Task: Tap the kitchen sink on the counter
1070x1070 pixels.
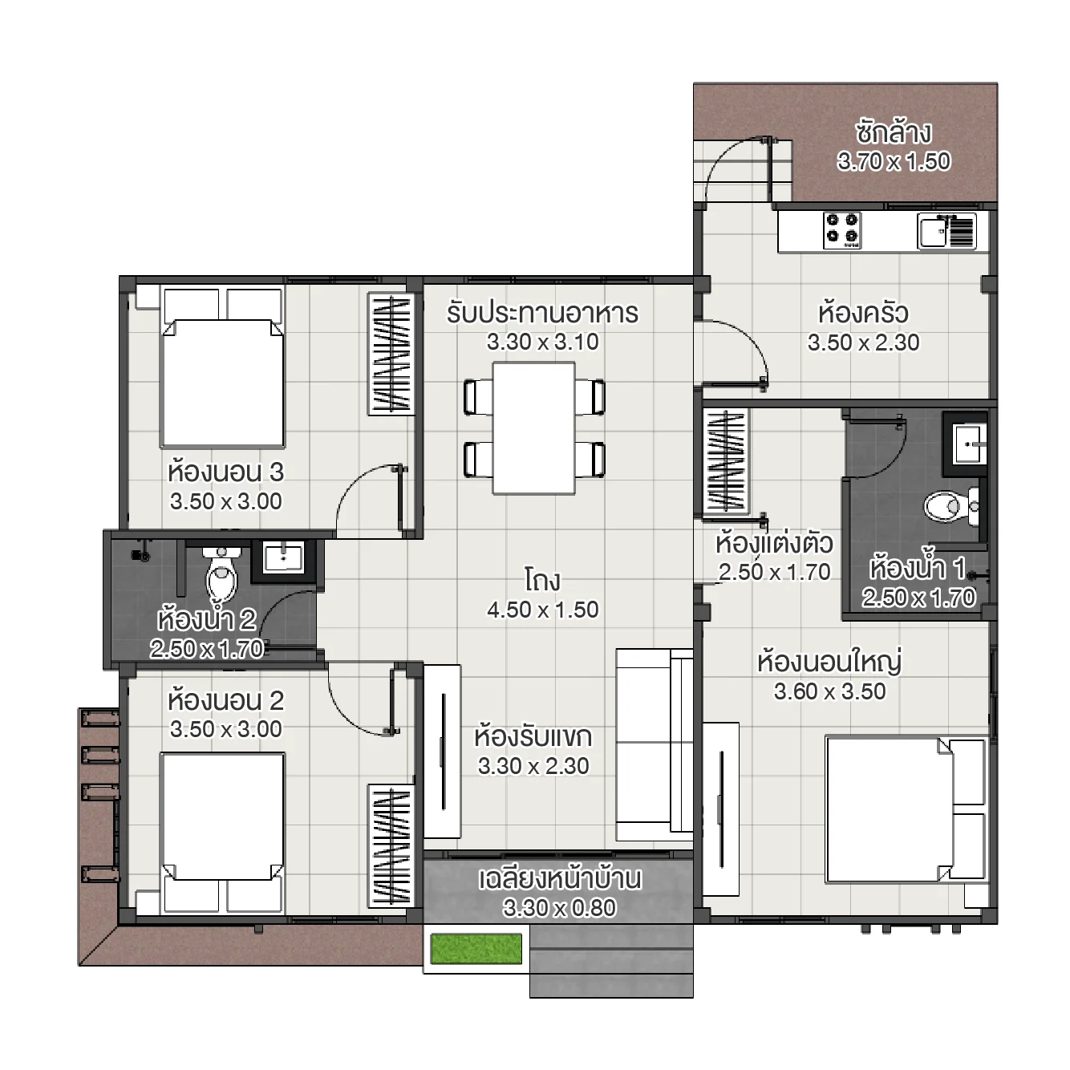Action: coord(934,232)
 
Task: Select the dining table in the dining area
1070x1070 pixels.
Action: coord(533,428)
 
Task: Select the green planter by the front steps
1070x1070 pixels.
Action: coord(476,948)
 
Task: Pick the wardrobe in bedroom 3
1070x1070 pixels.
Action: coord(391,354)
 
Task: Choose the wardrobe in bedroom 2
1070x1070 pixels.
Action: coord(391,845)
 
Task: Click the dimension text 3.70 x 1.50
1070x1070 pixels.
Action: coord(894,162)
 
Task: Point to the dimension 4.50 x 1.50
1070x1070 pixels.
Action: coord(543,610)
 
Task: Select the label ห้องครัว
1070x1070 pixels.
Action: coord(863,312)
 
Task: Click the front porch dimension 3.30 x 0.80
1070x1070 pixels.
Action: coord(559,908)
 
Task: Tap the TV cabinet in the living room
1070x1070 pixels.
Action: coord(442,751)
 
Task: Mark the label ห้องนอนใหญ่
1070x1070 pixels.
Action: coord(829,662)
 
